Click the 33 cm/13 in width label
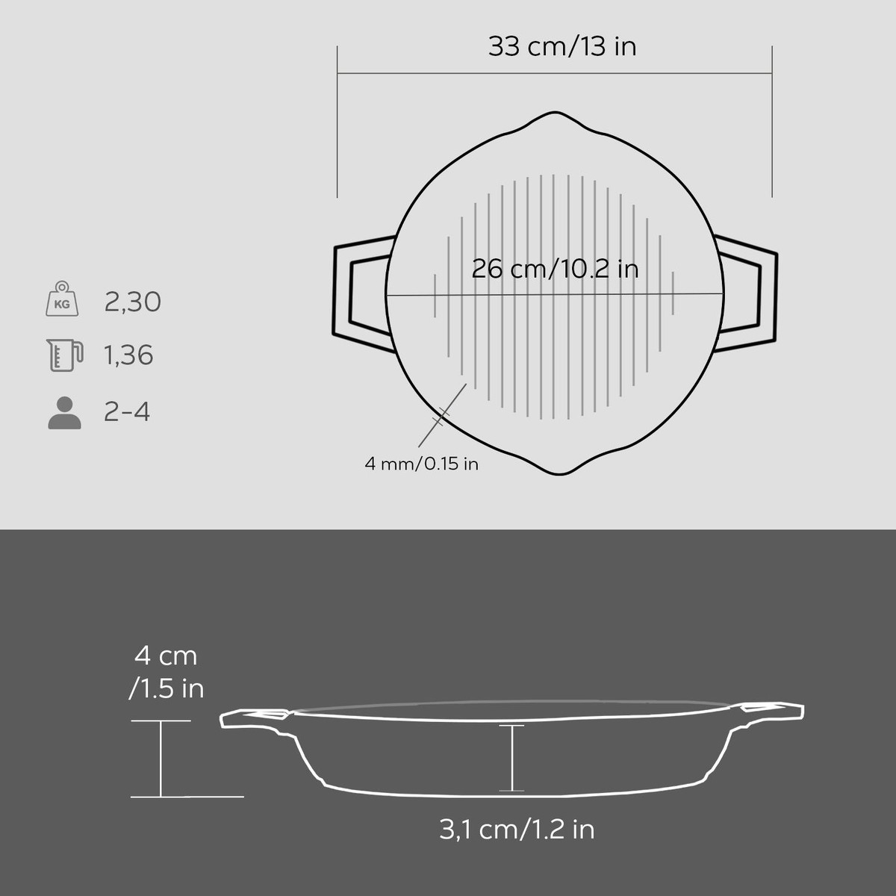pos(562,46)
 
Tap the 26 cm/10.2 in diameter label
pos(556,269)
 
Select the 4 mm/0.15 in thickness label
pos(421,464)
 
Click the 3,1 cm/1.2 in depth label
pos(517,830)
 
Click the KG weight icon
pos(62,299)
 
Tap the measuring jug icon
pos(65,355)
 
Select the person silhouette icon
pos(65,412)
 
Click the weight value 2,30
pos(132,302)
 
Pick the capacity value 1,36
pos(128,355)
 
